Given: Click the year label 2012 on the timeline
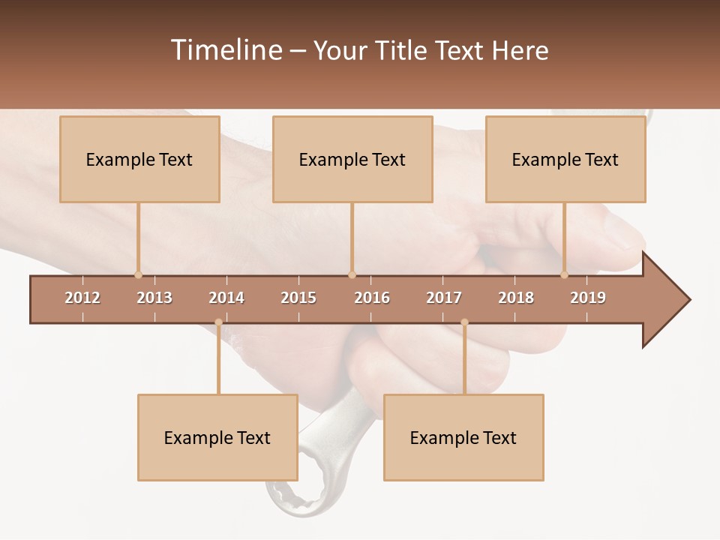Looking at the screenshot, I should [82, 298].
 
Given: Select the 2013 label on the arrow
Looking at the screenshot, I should [154, 298].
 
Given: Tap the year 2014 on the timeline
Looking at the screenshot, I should [226, 298].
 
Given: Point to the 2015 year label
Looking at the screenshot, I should [298, 298].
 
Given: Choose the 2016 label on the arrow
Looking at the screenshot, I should [372, 298].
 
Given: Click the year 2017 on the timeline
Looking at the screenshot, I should [444, 298].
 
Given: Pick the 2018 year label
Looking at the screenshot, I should [516, 298].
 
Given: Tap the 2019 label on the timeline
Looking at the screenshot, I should [588, 298].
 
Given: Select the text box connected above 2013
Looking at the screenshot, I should [139, 159].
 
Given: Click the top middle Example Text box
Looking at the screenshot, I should [352, 159].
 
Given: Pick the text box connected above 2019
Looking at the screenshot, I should [565, 159].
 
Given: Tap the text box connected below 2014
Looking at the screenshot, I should [217, 438].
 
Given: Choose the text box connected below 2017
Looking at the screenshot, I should [463, 438].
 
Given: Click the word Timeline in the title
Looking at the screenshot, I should [225, 50].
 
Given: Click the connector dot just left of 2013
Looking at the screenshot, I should [138, 274].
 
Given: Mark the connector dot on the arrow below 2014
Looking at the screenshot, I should [218, 322].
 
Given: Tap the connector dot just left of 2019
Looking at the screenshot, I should [564, 274].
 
